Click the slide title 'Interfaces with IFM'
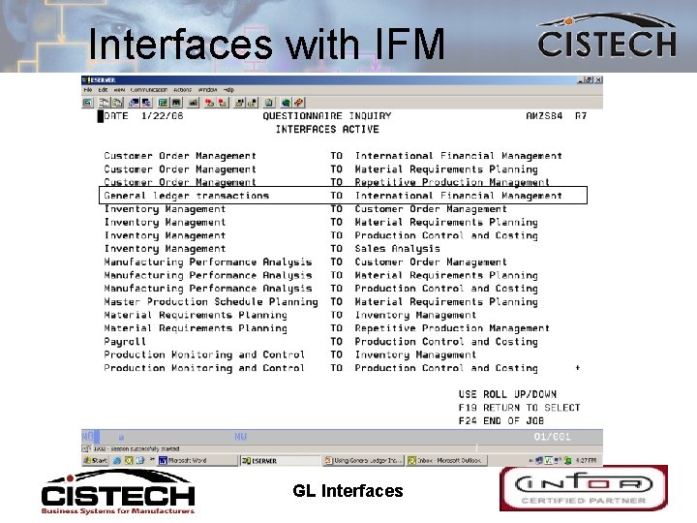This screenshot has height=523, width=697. pos(265,44)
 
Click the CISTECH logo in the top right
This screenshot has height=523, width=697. pos(607,43)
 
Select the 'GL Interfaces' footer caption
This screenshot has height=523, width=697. pos(348,491)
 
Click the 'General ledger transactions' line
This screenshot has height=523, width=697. pos(187,196)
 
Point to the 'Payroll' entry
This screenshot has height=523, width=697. pos(125,341)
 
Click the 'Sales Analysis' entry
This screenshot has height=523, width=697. pos(397,249)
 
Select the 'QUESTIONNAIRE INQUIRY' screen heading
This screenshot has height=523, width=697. pos(327,116)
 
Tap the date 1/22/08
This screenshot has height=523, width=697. pos(162,116)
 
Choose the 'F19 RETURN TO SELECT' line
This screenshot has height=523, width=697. pos(519,408)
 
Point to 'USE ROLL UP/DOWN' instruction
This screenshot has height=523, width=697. pos(507,394)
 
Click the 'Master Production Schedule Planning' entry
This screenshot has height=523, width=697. pos(211,301)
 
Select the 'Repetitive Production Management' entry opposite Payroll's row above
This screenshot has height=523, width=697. pos(452,328)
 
